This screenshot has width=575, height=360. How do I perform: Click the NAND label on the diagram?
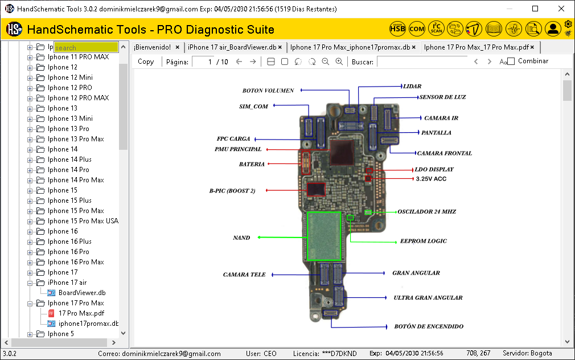[x=241, y=238]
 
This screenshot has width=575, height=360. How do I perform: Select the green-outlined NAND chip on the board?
[x=323, y=236]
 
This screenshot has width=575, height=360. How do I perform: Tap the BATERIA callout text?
[x=252, y=164]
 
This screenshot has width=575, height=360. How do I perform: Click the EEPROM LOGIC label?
[x=423, y=242]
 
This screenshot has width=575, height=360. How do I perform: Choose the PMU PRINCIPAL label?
[x=238, y=149]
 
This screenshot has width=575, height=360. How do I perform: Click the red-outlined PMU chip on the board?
[x=341, y=153]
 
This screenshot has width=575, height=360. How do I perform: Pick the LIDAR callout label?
[x=412, y=87]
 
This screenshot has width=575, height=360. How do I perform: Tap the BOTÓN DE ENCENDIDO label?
[x=428, y=327]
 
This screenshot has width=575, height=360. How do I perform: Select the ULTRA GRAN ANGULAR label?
[x=428, y=298]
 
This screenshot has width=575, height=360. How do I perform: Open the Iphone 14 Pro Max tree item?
[x=76, y=180]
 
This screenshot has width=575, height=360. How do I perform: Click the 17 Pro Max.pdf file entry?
[x=81, y=313]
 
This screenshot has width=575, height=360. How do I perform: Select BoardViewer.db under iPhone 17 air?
[x=82, y=293]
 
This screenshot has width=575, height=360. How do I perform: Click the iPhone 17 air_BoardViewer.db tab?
[x=232, y=47]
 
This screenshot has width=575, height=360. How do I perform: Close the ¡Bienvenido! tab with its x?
[x=178, y=47]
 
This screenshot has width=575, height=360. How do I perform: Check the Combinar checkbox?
[x=511, y=62]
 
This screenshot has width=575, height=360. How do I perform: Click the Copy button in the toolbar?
[x=146, y=62]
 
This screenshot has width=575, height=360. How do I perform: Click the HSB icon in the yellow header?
[x=397, y=28]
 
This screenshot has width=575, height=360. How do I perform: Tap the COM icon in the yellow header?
[x=417, y=28]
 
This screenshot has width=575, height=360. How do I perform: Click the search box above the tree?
[x=86, y=48]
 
